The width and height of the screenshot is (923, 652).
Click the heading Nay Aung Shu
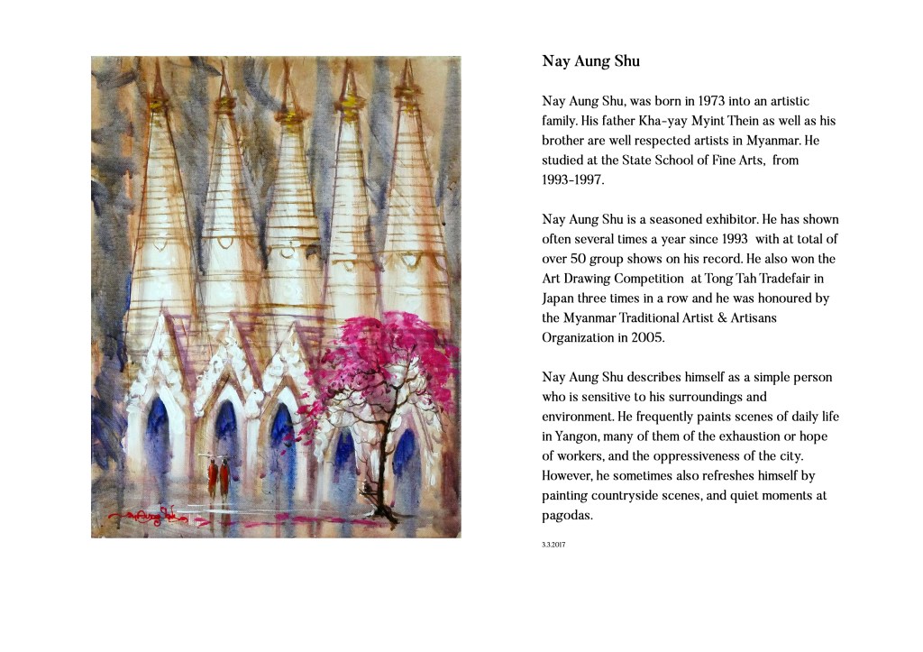(x=591, y=62)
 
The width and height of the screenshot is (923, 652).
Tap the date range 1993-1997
(x=573, y=179)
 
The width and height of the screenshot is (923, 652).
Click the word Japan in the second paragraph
(x=560, y=298)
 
